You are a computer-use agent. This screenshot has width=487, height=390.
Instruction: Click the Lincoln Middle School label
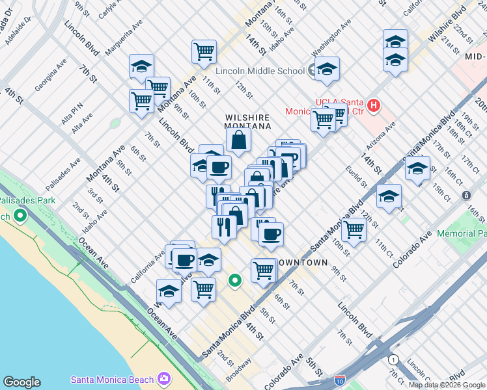260,71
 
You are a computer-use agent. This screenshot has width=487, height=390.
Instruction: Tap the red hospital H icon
374,104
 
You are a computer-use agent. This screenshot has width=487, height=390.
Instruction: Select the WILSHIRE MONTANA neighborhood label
247,122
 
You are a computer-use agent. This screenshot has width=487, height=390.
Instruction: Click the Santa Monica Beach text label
113,380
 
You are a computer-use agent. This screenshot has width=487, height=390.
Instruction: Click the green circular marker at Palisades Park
20,214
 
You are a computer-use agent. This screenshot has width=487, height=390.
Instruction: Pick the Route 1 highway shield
393,359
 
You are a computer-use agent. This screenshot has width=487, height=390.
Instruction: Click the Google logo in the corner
21,382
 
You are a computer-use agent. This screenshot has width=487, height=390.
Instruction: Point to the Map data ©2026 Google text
447,385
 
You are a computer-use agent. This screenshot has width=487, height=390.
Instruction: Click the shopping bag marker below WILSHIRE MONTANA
239,139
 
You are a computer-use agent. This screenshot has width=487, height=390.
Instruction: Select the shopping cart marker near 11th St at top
204,51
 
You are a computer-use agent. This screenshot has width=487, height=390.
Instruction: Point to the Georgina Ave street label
51,75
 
